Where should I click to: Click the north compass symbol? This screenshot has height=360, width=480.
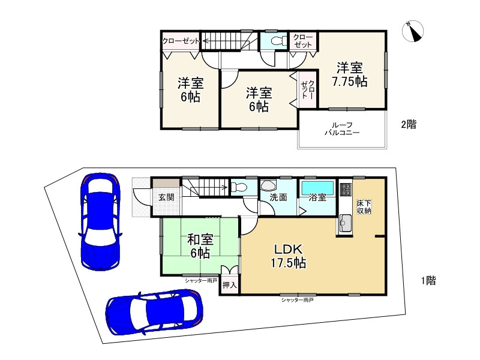413,31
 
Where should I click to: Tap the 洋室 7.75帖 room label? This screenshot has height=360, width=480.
350,74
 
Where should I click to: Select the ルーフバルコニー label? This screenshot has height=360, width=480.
342,128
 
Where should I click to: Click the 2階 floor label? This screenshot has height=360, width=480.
409,124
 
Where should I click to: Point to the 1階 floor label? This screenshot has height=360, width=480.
428,280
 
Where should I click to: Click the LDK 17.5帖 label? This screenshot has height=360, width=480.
289,256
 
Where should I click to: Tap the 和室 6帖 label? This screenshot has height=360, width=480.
200,246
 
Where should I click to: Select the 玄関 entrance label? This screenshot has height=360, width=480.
166,197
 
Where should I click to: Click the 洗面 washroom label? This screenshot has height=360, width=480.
278,197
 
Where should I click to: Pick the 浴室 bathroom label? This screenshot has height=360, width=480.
317,197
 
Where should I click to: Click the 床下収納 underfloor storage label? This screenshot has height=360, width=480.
364,207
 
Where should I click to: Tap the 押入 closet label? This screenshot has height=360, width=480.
230,285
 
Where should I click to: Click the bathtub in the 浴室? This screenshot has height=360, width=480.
318,187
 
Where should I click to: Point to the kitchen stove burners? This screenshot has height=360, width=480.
346,190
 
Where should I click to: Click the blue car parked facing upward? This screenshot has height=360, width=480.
100,221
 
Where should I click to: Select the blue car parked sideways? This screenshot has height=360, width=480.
154,312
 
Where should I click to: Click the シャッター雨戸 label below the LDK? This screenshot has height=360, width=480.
297,300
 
